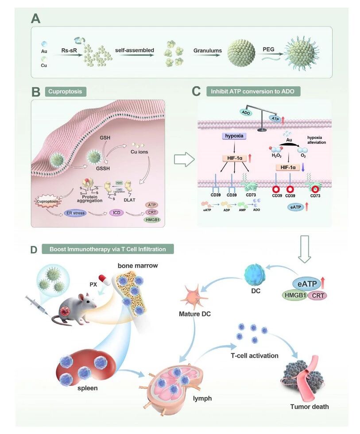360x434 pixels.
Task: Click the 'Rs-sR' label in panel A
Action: (x=70, y=50)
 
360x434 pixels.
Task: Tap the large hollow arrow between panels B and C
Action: (x=182, y=160)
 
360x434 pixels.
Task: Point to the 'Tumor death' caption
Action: (x=309, y=406)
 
